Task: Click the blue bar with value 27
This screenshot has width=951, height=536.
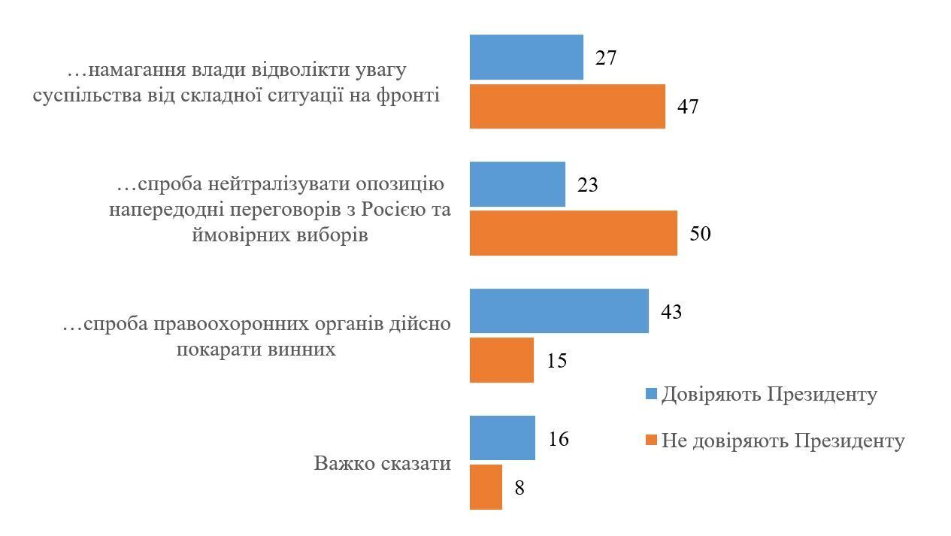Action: tap(526, 57)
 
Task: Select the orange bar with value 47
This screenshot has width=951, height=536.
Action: tap(567, 106)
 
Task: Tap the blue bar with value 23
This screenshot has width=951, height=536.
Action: tap(517, 184)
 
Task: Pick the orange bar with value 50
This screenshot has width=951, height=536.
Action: tap(573, 233)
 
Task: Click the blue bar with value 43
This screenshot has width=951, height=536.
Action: tap(559, 311)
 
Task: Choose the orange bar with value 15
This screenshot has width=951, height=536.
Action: tap(501, 360)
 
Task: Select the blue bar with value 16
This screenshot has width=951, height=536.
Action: tap(502, 438)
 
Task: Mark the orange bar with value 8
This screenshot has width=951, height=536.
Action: tap(486, 487)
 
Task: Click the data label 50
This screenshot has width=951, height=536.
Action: tap(700, 234)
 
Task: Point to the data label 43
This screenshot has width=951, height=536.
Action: tap(671, 312)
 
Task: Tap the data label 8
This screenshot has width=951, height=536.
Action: tap(519, 488)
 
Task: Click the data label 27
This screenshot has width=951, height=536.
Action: tap(606, 58)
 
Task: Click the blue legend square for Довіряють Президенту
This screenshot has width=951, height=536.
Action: tap(652, 395)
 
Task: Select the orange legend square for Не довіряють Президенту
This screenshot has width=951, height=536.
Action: tap(652, 441)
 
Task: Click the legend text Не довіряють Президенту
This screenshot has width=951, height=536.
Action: tap(783, 441)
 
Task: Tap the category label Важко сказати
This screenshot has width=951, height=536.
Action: tap(382, 463)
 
